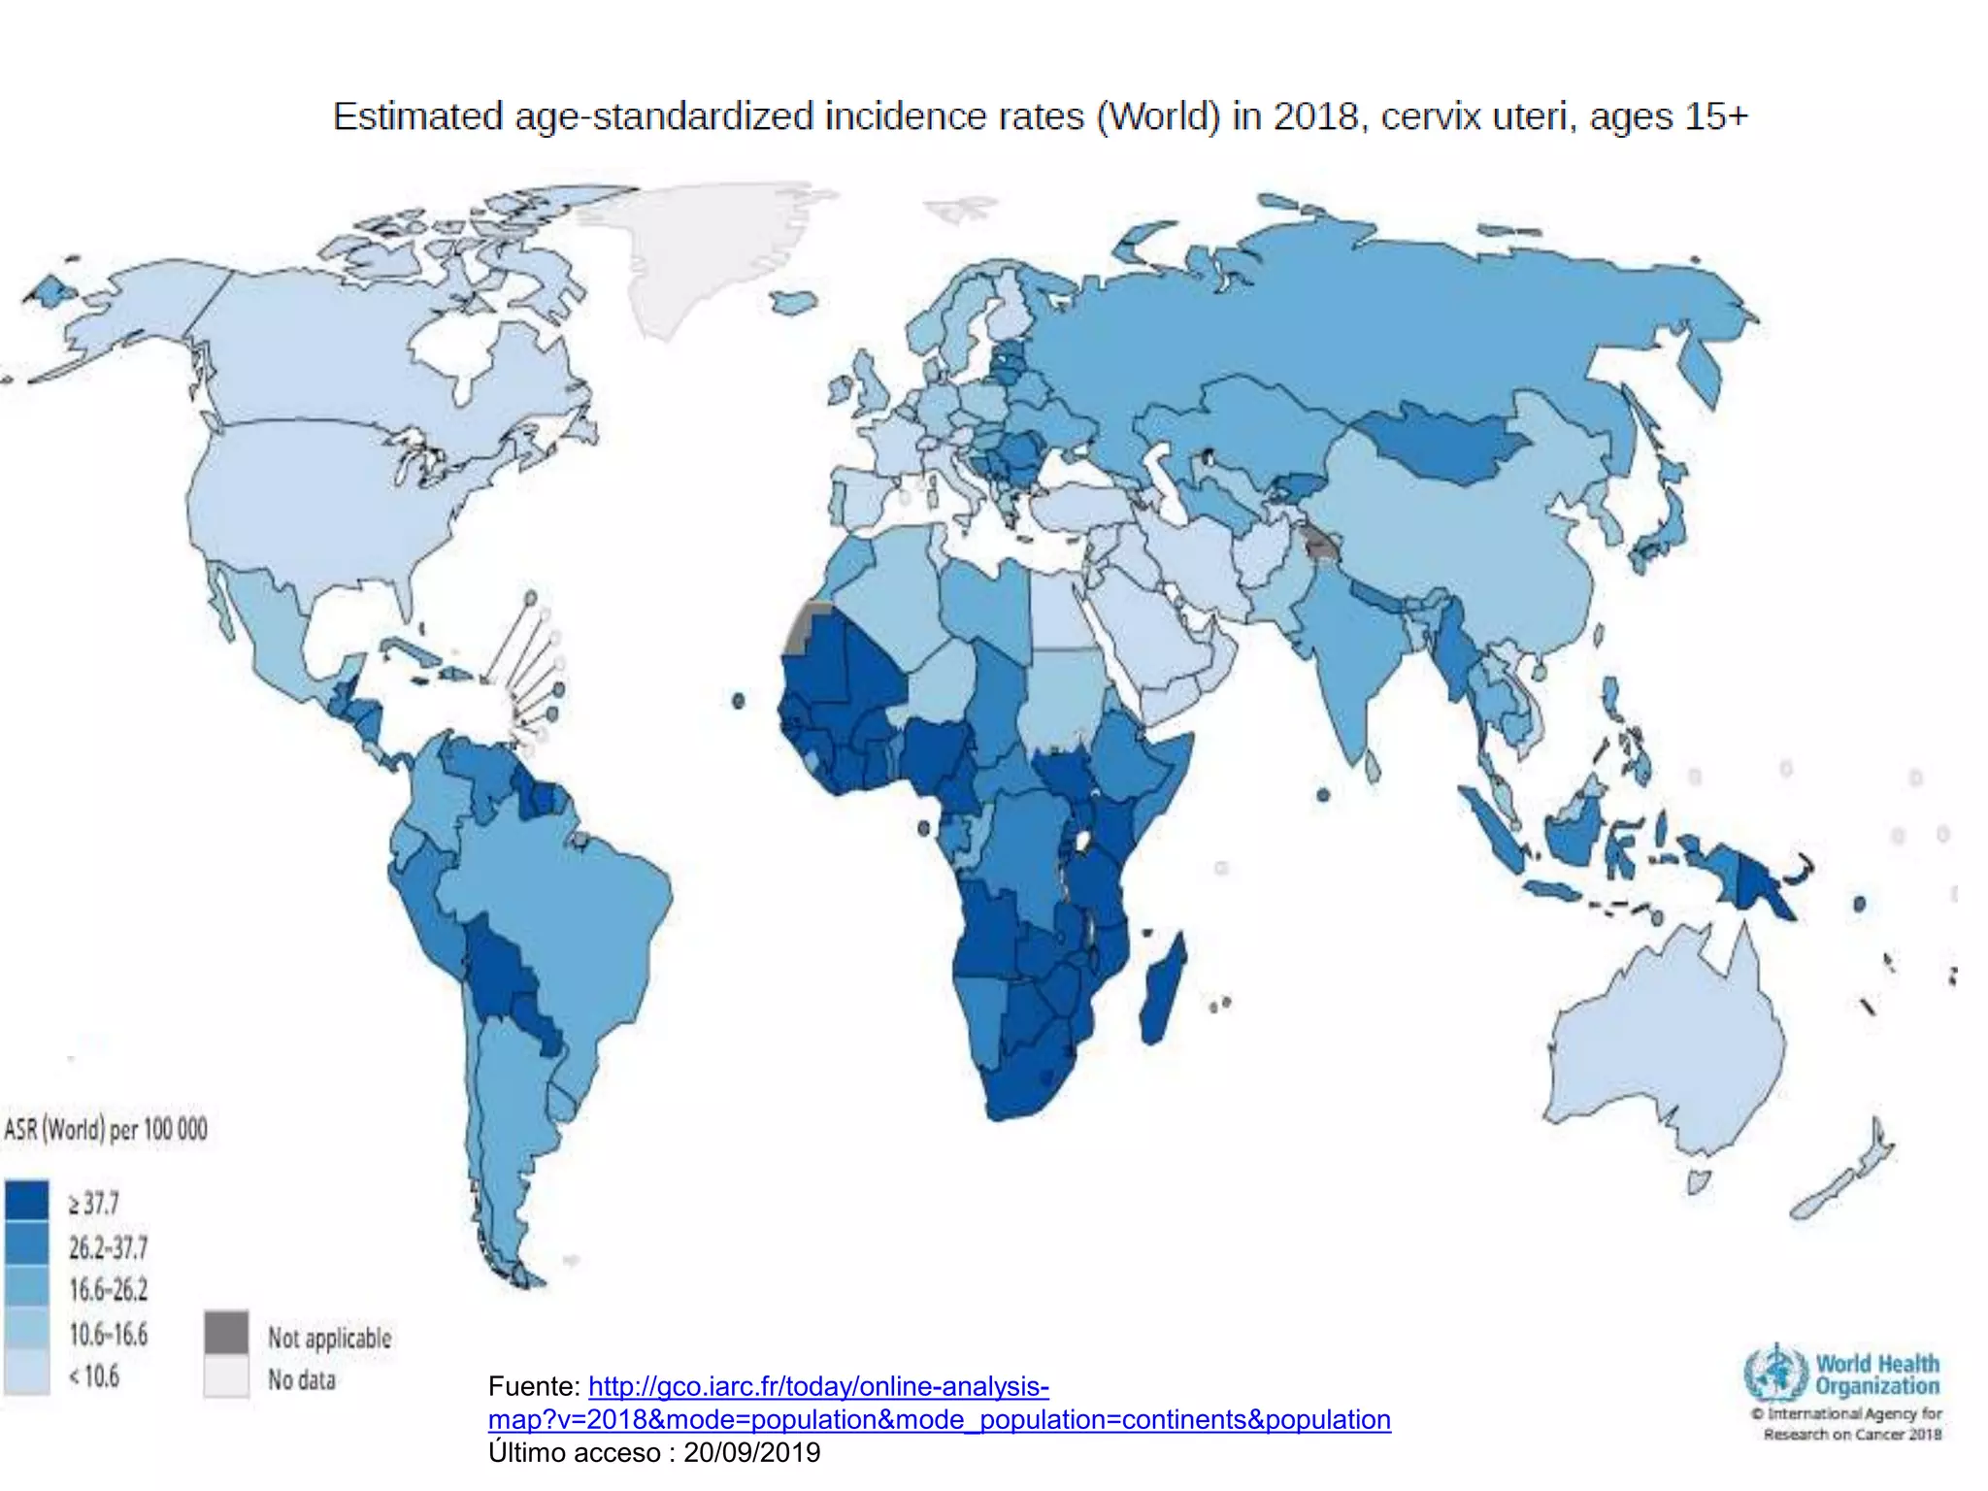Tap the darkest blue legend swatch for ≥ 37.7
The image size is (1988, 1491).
click(26, 1201)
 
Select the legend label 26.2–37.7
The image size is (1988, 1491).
click(108, 1246)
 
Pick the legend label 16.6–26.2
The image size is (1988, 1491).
click(108, 1290)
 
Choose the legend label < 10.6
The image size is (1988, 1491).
click(94, 1376)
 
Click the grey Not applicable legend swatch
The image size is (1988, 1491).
click(226, 1333)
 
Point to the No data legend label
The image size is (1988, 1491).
click(301, 1379)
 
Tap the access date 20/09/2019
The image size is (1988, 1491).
click(751, 1452)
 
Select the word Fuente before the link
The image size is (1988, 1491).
click(532, 1386)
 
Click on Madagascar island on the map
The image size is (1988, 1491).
click(1162, 990)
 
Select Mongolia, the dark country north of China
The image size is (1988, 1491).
click(1437, 442)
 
